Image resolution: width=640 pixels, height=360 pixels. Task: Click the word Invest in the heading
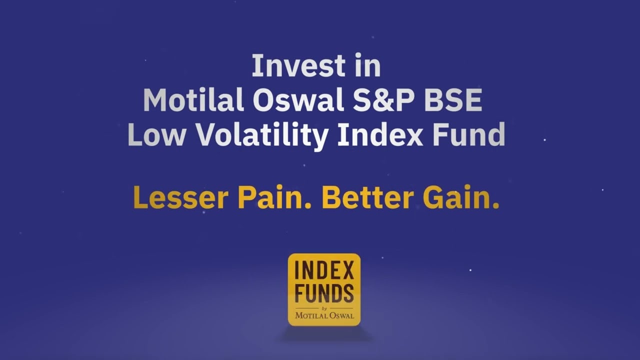pyautogui.click(x=298, y=65)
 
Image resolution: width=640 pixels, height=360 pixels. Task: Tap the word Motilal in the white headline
pyautogui.click(x=193, y=99)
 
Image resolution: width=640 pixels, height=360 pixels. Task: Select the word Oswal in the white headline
pyautogui.click(x=298, y=99)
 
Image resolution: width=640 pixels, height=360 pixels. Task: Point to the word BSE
pyautogui.click(x=453, y=99)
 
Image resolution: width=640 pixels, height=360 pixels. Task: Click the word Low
pyautogui.click(x=157, y=134)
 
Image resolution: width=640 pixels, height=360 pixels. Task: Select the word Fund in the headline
pyautogui.click(x=469, y=134)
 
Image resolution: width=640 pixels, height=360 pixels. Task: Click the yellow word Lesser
pyautogui.click(x=181, y=197)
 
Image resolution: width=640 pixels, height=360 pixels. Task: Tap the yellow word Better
pyautogui.click(x=367, y=197)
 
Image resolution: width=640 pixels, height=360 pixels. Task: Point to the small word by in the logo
pyautogui.click(x=324, y=308)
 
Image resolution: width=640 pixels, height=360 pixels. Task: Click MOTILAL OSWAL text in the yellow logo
pyautogui.click(x=324, y=315)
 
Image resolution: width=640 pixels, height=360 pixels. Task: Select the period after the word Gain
pyautogui.click(x=496, y=206)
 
